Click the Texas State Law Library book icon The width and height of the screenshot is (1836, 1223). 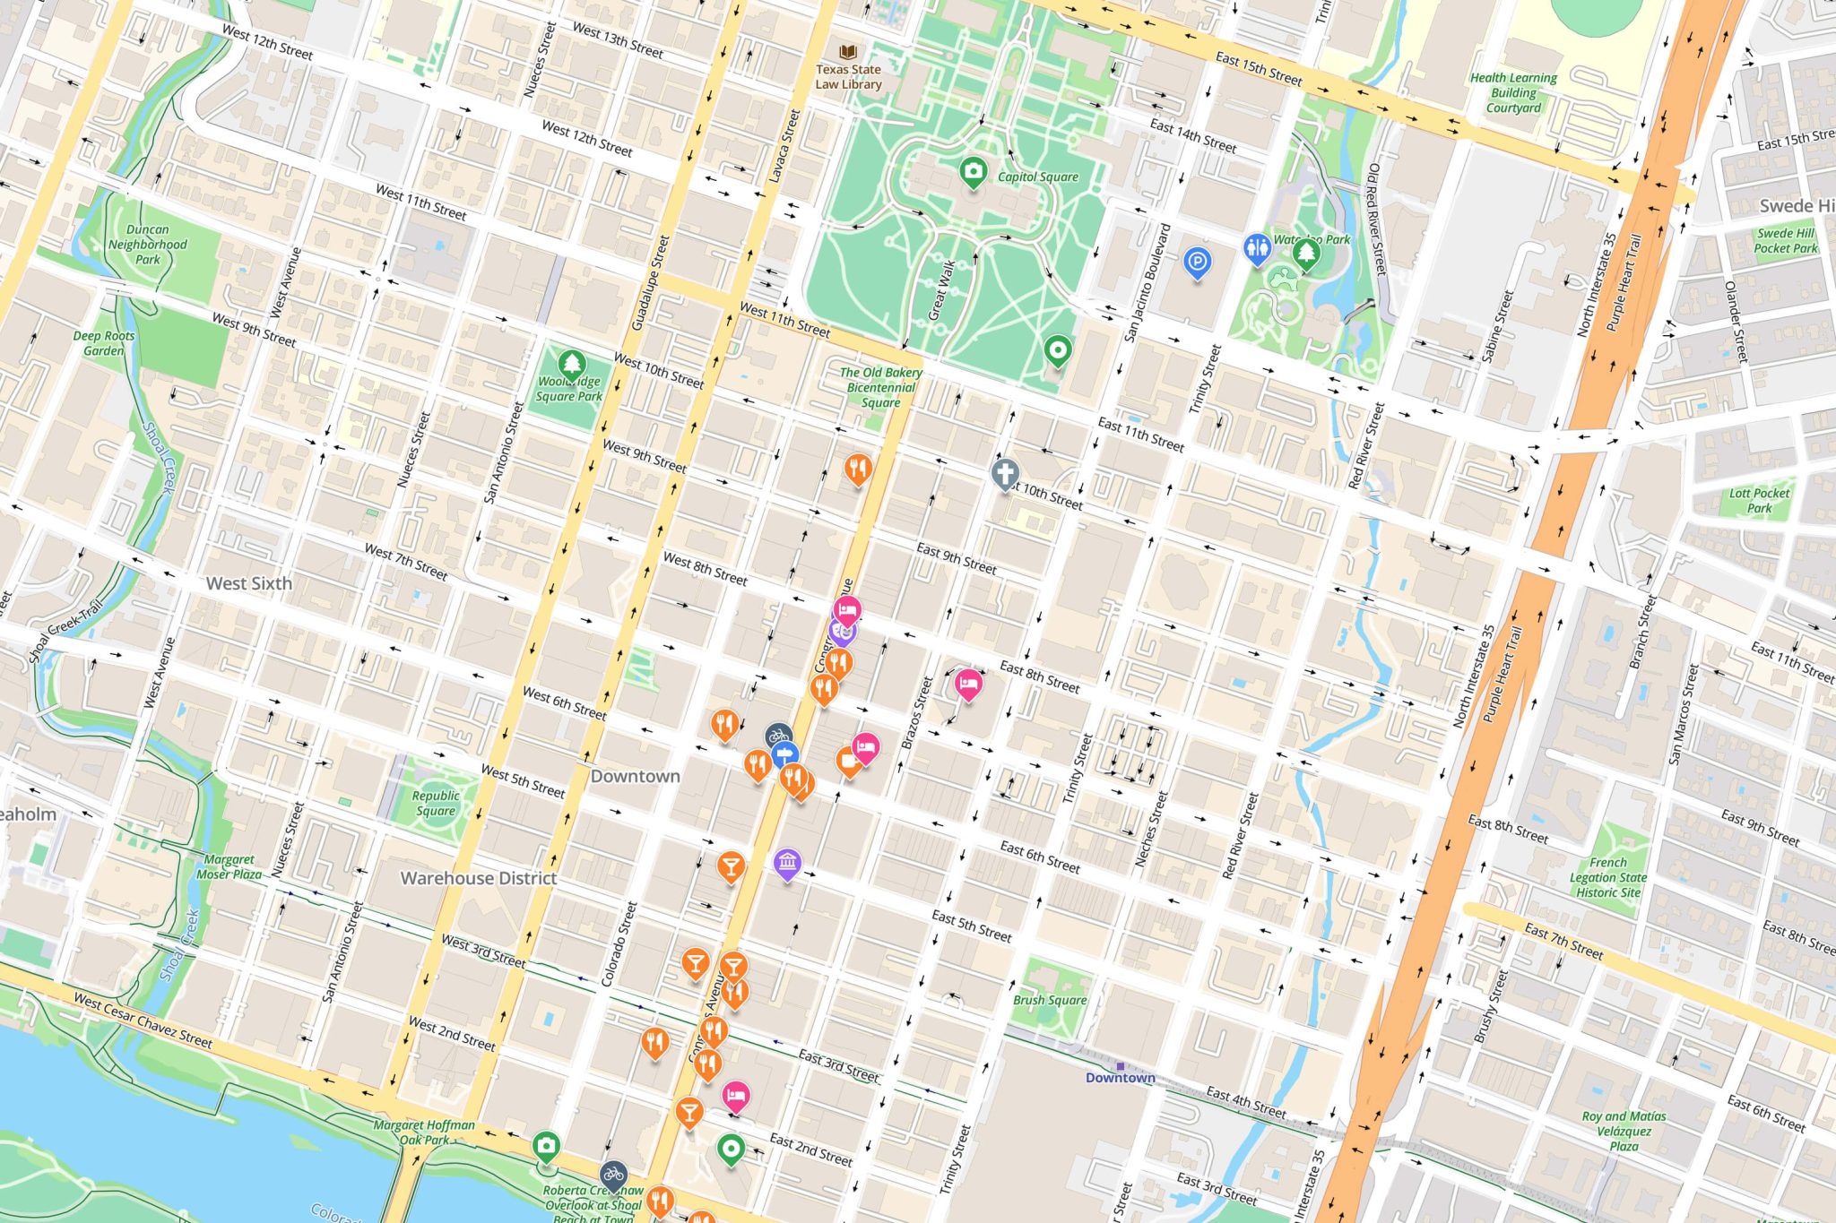pyautogui.click(x=848, y=52)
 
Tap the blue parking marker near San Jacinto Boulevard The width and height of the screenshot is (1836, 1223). pyautogui.click(x=1197, y=263)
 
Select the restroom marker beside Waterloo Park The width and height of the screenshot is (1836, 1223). pyautogui.click(x=1257, y=247)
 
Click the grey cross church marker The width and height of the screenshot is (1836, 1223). pyautogui.click(x=1005, y=472)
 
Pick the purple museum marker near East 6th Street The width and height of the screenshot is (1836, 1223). pyautogui.click(x=787, y=863)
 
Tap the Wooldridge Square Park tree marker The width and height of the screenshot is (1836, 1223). pyautogui.click(x=572, y=364)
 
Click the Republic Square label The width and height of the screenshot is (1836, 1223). pyautogui.click(x=436, y=803)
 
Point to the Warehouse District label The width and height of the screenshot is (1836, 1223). pyautogui.click(x=478, y=878)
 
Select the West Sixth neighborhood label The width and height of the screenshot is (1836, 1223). pyautogui.click(x=249, y=583)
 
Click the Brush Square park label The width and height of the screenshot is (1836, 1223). pyautogui.click(x=1050, y=1000)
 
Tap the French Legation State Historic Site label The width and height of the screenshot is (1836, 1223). pyautogui.click(x=1608, y=877)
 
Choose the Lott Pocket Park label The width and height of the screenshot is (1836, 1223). pyautogui.click(x=1759, y=500)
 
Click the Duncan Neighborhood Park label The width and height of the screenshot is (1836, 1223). pyautogui.click(x=148, y=245)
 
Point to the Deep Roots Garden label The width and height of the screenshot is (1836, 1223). pyautogui.click(x=104, y=343)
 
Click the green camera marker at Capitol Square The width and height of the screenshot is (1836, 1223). pyautogui.click(x=973, y=170)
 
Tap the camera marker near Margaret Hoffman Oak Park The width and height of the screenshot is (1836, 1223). pyautogui.click(x=546, y=1145)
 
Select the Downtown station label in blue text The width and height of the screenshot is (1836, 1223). pyautogui.click(x=1120, y=1078)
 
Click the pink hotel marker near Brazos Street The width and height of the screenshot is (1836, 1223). pyautogui.click(x=967, y=685)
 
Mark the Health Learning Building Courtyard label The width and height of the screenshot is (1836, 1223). pyautogui.click(x=1513, y=93)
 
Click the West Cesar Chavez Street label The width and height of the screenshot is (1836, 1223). pyautogui.click(x=143, y=1020)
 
